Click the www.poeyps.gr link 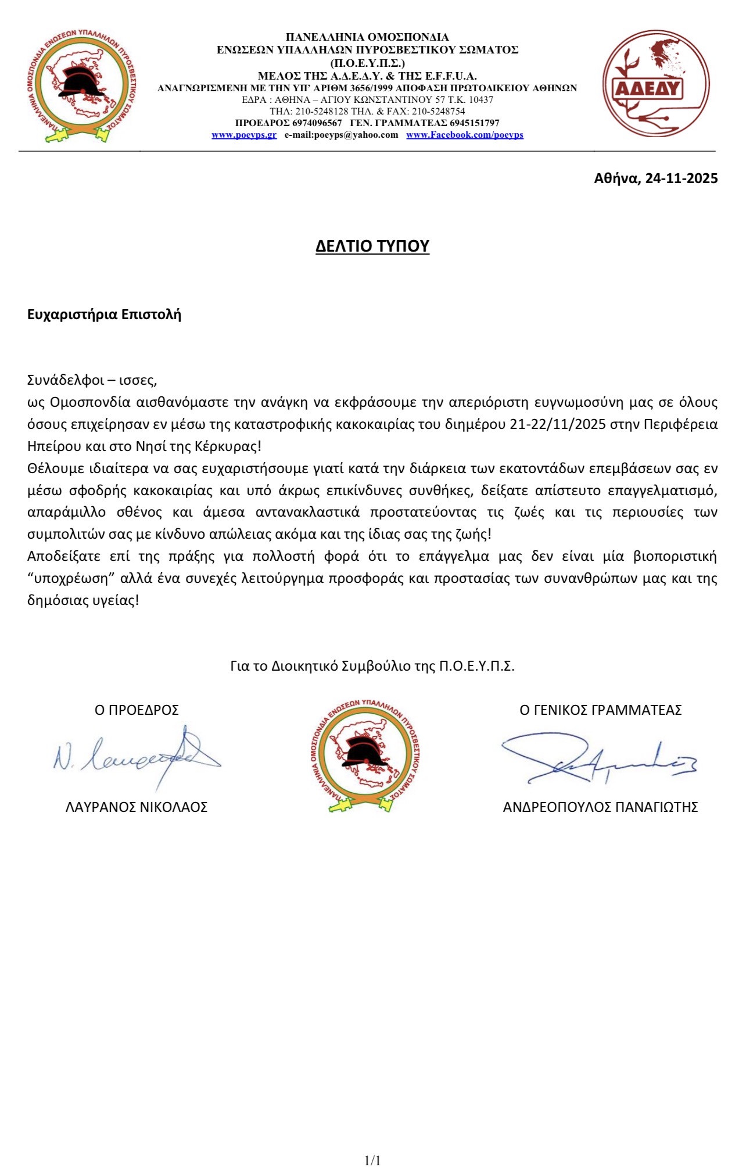(244, 135)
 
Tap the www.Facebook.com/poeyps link (465, 135)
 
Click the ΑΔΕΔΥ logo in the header (656, 84)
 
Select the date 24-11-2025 (682, 178)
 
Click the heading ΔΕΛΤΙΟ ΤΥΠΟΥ (372, 246)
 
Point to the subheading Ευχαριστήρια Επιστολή (105, 314)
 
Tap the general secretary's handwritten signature (598, 758)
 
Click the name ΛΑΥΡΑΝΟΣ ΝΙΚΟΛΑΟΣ (137, 807)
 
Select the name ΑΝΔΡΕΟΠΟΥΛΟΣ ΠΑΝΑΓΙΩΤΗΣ (600, 807)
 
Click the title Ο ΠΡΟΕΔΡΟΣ (137, 710)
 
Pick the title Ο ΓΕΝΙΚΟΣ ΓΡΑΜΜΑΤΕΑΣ (600, 710)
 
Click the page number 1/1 (372, 1161)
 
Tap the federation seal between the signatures (365, 755)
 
